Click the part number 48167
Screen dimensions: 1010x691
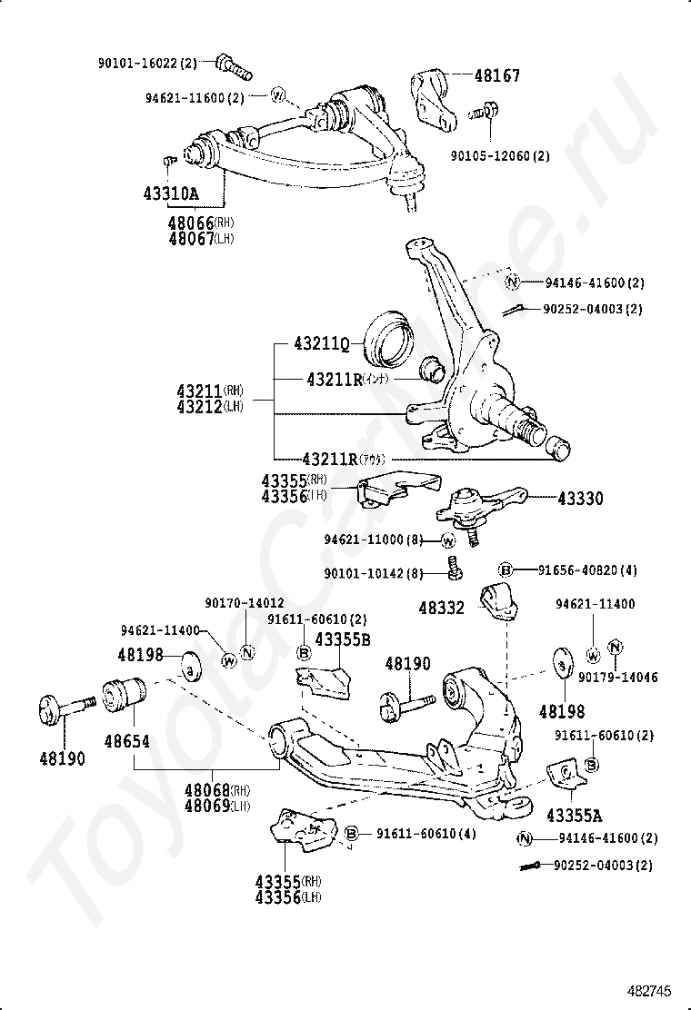point(496,76)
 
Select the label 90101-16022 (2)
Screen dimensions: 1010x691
point(147,63)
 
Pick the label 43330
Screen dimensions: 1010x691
point(580,499)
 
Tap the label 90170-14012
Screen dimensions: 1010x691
point(245,602)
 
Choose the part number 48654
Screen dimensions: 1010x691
point(126,741)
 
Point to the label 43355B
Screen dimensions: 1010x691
point(343,639)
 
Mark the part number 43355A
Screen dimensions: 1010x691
point(575,816)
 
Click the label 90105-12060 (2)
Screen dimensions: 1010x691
point(500,156)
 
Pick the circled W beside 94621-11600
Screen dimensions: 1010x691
point(279,94)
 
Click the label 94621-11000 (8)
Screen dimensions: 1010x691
point(374,540)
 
